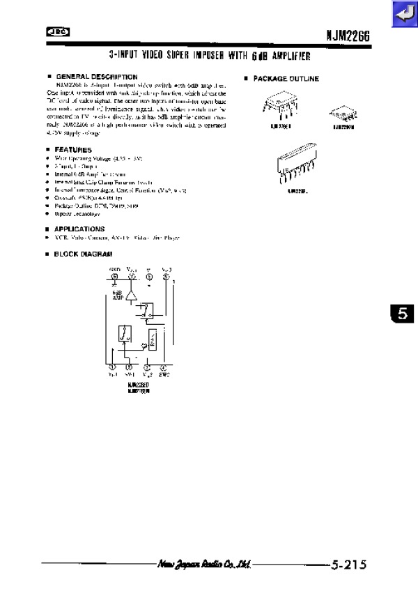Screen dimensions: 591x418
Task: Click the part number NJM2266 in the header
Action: (346, 35)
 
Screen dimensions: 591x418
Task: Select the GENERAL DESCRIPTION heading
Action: (96, 77)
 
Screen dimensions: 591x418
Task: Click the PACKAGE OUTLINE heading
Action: (286, 79)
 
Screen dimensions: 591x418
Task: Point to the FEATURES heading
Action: (73, 150)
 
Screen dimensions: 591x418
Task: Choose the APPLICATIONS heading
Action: (79, 229)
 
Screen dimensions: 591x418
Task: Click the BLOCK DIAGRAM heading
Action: (83, 254)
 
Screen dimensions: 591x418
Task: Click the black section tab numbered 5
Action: (402, 314)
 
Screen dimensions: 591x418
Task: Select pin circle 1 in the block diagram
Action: (113, 367)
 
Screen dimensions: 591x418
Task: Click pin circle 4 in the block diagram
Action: (163, 367)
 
